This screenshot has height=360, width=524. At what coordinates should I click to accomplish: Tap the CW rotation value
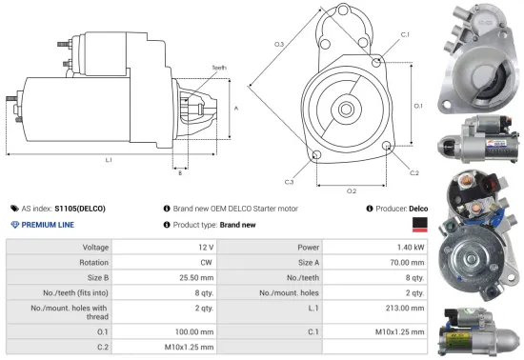pos(207,262)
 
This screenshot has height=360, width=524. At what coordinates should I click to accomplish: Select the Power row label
pos(294,247)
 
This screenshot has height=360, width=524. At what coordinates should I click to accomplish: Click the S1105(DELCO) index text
pos(80,208)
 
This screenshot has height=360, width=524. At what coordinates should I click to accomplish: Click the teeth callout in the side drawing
pos(220,68)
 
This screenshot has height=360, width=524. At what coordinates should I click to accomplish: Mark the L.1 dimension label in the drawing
pos(109,160)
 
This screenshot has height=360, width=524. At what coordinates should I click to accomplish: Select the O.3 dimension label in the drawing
pos(279,44)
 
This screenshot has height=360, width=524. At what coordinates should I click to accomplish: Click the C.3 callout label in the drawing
pos(288,181)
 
